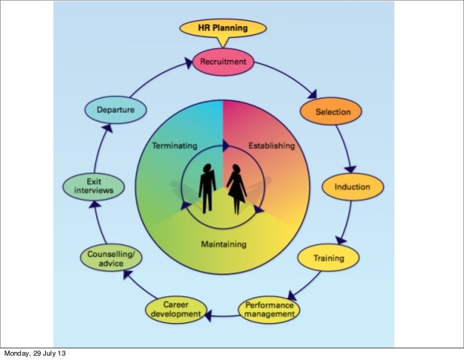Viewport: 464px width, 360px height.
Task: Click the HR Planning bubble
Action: pyautogui.click(x=223, y=28)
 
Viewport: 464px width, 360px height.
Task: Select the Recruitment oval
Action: pyautogui.click(x=223, y=62)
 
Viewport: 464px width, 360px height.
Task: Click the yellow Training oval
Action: pyautogui.click(x=329, y=257)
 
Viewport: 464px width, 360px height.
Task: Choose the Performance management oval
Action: pyautogui.click(x=270, y=310)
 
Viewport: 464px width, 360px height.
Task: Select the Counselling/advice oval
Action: pyautogui.click(x=110, y=259)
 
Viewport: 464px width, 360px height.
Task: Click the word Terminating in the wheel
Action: pyautogui.click(x=175, y=145)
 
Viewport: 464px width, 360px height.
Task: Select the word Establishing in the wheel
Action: pyautogui.click(x=271, y=145)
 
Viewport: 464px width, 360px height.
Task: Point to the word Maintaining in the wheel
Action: pyautogui.click(x=223, y=244)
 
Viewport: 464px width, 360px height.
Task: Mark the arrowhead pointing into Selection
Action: pyautogui.click(x=312, y=94)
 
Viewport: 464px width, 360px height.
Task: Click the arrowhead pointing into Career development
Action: pyautogui.click(x=208, y=315)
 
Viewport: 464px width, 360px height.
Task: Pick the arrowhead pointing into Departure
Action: pyautogui.click(x=107, y=128)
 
